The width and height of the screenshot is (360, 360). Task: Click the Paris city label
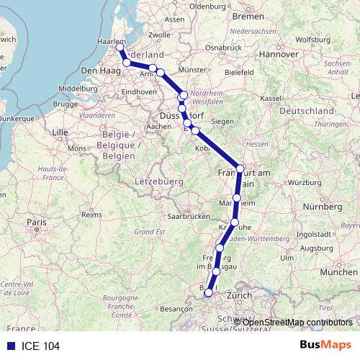point(37,222)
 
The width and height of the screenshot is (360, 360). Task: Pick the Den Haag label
point(98,71)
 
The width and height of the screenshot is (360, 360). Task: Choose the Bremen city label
point(248,15)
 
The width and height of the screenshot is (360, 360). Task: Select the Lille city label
point(60,133)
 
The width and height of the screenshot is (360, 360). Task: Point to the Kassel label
point(270,97)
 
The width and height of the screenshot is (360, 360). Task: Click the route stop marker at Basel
point(208,292)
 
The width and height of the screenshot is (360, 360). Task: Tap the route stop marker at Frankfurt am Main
point(240,168)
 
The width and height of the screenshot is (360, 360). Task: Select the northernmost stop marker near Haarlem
point(120,48)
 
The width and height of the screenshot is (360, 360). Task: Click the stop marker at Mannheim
point(237,197)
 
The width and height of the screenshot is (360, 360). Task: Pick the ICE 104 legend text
point(41,346)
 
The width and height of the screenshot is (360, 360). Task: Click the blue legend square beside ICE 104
point(10,346)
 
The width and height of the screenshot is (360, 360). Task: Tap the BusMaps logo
point(325,345)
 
